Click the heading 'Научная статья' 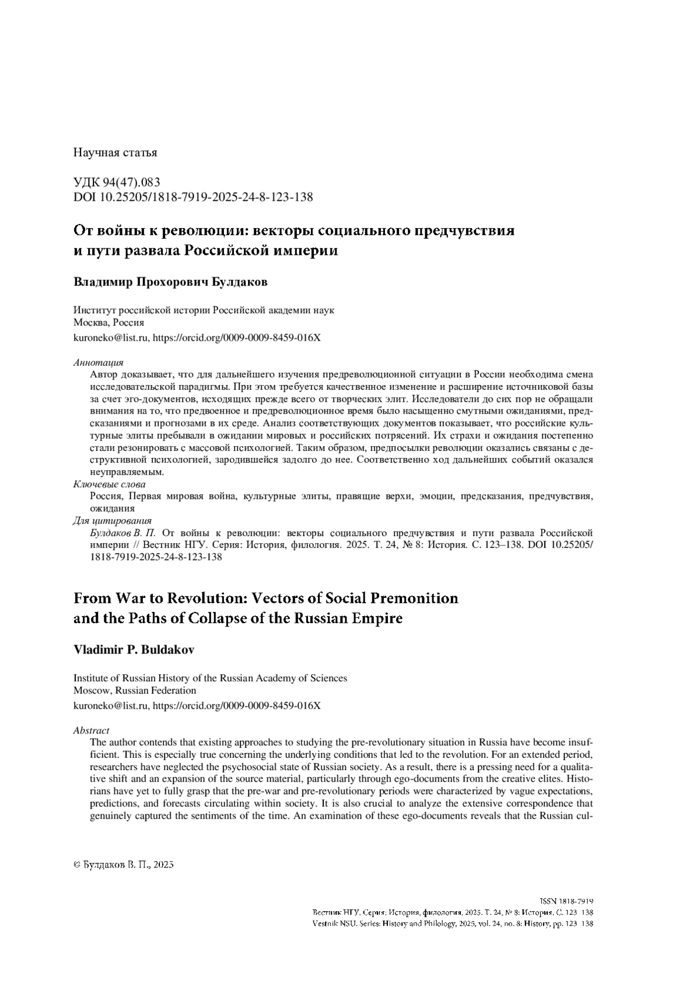pos(115,153)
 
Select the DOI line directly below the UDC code pos(192,197)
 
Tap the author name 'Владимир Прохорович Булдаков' pos(170,282)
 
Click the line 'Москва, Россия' pos(108,323)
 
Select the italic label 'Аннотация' pos(98,363)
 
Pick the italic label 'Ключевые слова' pos(109,485)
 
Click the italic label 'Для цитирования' pos(112,520)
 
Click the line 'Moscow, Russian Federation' pos(134,690)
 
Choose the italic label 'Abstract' pos(91,730)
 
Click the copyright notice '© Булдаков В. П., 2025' pos(124,865)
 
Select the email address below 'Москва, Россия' pos(110,337)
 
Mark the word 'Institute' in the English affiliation pos(90,678)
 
